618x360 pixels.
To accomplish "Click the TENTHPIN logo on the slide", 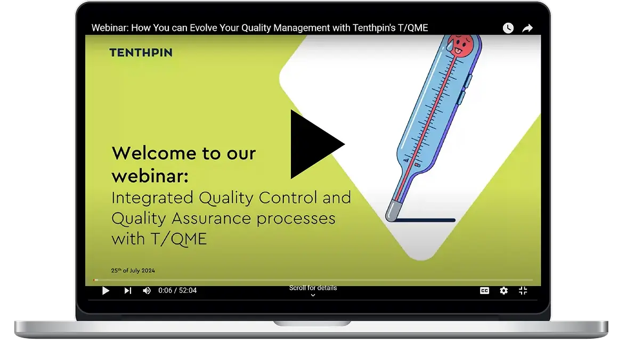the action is coord(141,52).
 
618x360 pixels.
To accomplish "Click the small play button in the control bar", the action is coord(105,291).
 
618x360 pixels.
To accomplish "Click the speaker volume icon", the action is coord(147,291).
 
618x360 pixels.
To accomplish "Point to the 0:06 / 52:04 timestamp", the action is coord(177,291).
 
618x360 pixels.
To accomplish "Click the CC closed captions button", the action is coord(484,291).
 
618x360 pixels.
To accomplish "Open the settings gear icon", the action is coord(503,291).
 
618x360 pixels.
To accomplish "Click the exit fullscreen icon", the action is coord(523,291).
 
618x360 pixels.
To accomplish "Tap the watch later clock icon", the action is coord(508,28).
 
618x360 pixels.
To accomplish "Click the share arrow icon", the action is coord(527,28).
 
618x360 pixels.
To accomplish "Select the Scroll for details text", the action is coord(313,288).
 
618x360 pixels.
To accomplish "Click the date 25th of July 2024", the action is coord(133,271).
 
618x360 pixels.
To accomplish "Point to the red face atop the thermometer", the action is coord(460,45).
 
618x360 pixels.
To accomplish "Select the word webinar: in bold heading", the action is coord(150,176).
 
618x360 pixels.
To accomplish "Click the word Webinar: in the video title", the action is coord(110,28).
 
